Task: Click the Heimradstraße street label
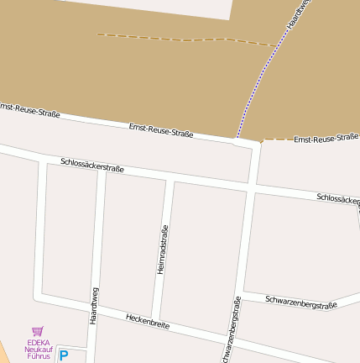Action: [163, 249]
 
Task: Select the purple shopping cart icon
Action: [37, 332]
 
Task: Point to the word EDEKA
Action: [38, 343]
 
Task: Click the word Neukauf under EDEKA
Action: [39, 350]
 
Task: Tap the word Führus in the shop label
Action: [39, 356]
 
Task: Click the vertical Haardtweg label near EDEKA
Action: [94, 306]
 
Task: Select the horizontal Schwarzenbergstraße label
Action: [300, 302]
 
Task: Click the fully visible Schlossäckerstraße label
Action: [92, 165]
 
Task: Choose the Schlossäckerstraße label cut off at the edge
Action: [338, 199]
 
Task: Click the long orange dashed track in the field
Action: [185, 39]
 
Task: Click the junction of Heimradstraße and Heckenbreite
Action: [156, 314]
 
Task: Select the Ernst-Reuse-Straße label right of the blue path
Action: [326, 138]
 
